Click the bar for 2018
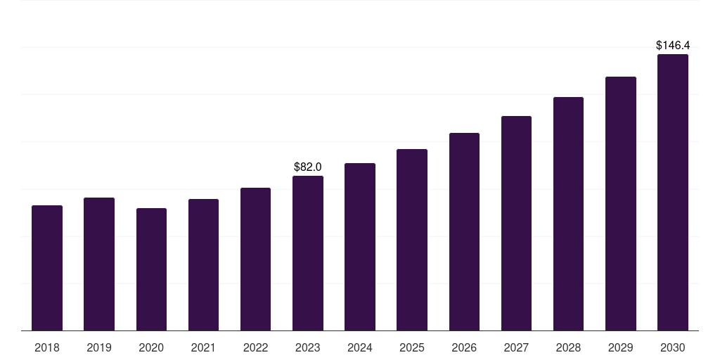(x=47, y=268)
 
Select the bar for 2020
(x=151, y=269)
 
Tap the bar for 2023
(x=308, y=253)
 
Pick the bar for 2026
(x=464, y=231)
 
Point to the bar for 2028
(x=568, y=214)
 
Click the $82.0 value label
(x=308, y=167)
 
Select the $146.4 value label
(x=672, y=45)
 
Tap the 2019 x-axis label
(x=99, y=347)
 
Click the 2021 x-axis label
(x=203, y=347)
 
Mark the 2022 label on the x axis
(x=255, y=347)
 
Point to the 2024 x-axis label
(x=360, y=347)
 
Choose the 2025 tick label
(x=412, y=347)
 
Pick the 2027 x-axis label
(x=516, y=347)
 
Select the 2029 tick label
(x=620, y=347)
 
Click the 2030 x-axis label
(x=672, y=347)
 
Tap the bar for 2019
(x=99, y=264)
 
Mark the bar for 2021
(x=203, y=264)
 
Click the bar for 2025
(x=412, y=240)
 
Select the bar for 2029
(x=620, y=203)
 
